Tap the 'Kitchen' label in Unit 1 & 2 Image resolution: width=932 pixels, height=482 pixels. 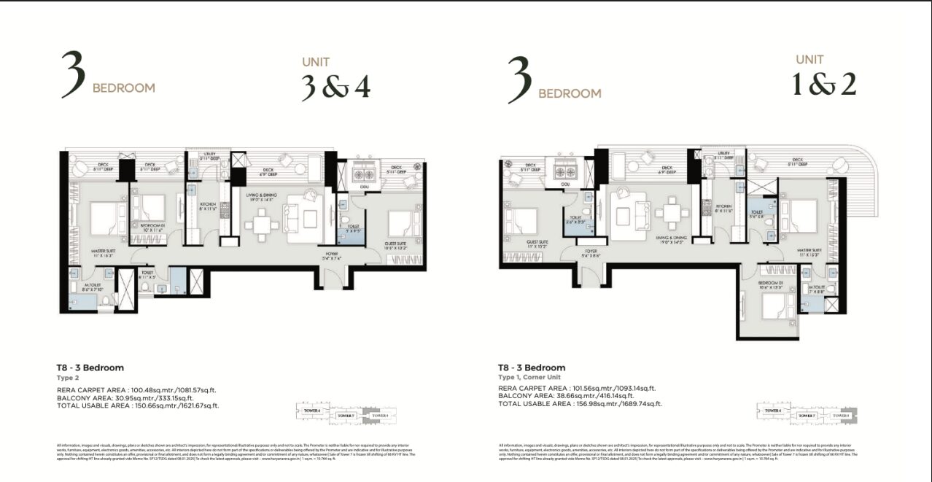723,207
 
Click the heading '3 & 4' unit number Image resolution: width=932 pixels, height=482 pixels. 335,87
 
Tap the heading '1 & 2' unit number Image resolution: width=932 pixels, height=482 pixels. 824,85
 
